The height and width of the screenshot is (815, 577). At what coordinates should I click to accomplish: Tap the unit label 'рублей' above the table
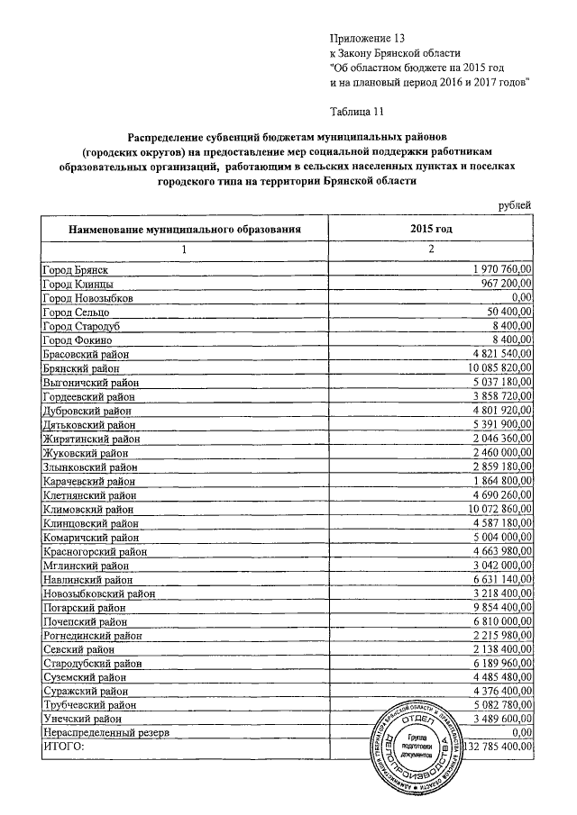(515, 206)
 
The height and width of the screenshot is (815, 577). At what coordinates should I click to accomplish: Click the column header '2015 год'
(431, 230)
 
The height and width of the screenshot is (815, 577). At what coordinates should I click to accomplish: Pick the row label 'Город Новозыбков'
(88, 297)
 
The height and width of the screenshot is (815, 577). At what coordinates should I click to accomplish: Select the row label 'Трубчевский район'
(90, 705)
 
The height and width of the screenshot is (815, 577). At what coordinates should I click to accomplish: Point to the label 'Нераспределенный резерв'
(105, 733)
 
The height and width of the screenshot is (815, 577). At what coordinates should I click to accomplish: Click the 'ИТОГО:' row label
(63, 747)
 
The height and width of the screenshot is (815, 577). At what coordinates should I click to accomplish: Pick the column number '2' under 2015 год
(431, 249)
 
